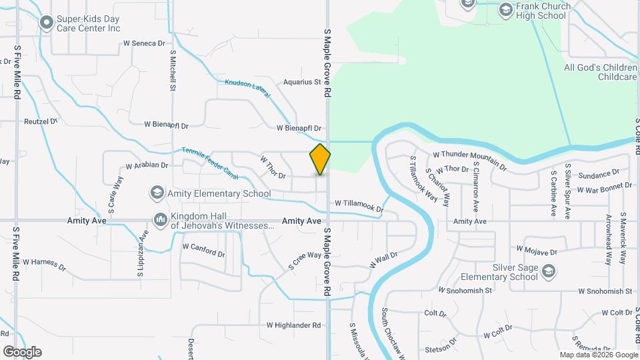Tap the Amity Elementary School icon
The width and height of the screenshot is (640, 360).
157,193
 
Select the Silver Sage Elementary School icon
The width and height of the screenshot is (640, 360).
548,271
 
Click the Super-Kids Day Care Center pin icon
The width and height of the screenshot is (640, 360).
46,23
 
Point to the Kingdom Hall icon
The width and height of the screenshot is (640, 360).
160,219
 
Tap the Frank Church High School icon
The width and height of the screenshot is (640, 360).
505,9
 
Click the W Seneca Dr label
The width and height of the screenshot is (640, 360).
144,43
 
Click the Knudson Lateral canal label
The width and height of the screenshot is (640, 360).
247,89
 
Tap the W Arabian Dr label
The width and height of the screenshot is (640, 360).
147,165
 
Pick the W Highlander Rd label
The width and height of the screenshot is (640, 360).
293,325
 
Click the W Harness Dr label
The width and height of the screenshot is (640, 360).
44,265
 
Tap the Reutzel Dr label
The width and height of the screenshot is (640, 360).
41,122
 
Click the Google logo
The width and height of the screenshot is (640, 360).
22,352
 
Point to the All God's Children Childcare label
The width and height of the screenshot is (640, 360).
600,72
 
